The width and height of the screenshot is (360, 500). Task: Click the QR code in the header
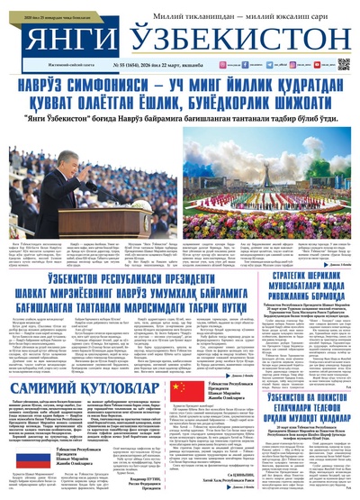[343, 64]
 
